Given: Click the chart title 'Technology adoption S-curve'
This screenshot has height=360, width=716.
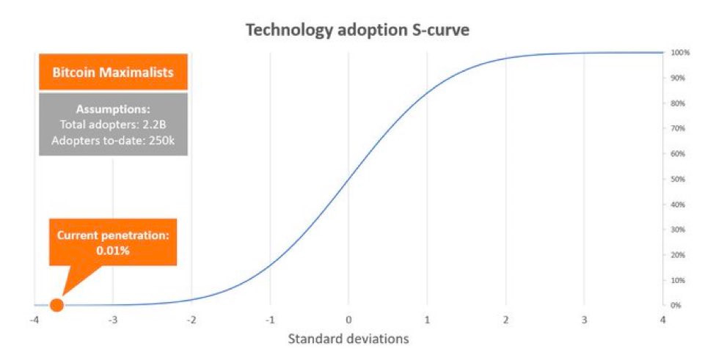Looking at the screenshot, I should pyautogui.click(x=357, y=30).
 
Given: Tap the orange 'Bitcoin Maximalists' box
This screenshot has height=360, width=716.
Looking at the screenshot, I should pyautogui.click(x=113, y=73).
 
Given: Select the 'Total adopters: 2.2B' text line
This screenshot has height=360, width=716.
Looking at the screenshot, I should pyautogui.click(x=113, y=125).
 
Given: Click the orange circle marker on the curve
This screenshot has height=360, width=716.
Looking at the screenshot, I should pyautogui.click(x=56, y=304).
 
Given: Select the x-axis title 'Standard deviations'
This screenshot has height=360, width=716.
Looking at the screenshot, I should pyautogui.click(x=348, y=339).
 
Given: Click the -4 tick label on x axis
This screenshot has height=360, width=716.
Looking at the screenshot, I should pyautogui.click(x=33, y=320).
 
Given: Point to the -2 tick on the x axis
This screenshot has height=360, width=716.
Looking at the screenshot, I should pyautogui.click(x=191, y=320).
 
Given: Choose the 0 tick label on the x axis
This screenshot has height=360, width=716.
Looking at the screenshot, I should pyautogui.click(x=348, y=320).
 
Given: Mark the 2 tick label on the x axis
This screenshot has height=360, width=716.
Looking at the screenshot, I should pyautogui.click(x=505, y=320).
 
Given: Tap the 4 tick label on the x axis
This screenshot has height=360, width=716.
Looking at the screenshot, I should pyautogui.click(x=662, y=320).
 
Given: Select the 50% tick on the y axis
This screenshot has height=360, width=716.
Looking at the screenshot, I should pyautogui.click(x=678, y=179).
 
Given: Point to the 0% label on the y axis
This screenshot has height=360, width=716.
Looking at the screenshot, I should pyautogui.click(x=676, y=305).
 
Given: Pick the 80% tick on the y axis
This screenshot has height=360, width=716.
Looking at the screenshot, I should pyautogui.click(x=678, y=103).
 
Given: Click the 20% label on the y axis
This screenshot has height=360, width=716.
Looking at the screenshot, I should pyautogui.click(x=678, y=254).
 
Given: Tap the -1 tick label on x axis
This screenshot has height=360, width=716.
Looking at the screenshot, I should pyautogui.click(x=269, y=320).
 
